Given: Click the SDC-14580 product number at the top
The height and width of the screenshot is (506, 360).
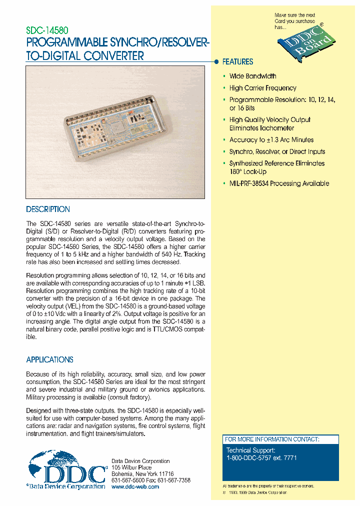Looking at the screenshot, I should [x=47, y=30].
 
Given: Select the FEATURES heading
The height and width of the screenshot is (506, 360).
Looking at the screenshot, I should [x=237, y=62].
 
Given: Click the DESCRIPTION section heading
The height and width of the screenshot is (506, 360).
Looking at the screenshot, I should [x=48, y=209].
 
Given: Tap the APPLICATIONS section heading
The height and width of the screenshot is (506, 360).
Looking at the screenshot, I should [x=49, y=359].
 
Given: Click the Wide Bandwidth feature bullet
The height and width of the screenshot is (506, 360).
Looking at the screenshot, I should [x=252, y=76].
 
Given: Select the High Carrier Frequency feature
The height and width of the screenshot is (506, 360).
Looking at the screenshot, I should [x=262, y=88].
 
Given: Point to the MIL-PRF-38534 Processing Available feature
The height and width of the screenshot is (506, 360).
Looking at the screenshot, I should [x=279, y=183].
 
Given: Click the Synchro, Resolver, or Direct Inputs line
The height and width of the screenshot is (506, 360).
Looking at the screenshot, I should [x=277, y=151].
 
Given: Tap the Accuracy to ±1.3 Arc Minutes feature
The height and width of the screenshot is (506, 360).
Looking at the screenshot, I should [x=271, y=140].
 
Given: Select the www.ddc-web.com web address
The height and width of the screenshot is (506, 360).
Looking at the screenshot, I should [x=135, y=486].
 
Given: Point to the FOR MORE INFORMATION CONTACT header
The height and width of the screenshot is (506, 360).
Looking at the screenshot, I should [x=271, y=439].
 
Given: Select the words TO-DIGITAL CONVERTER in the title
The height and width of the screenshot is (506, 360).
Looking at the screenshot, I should [x=85, y=55].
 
